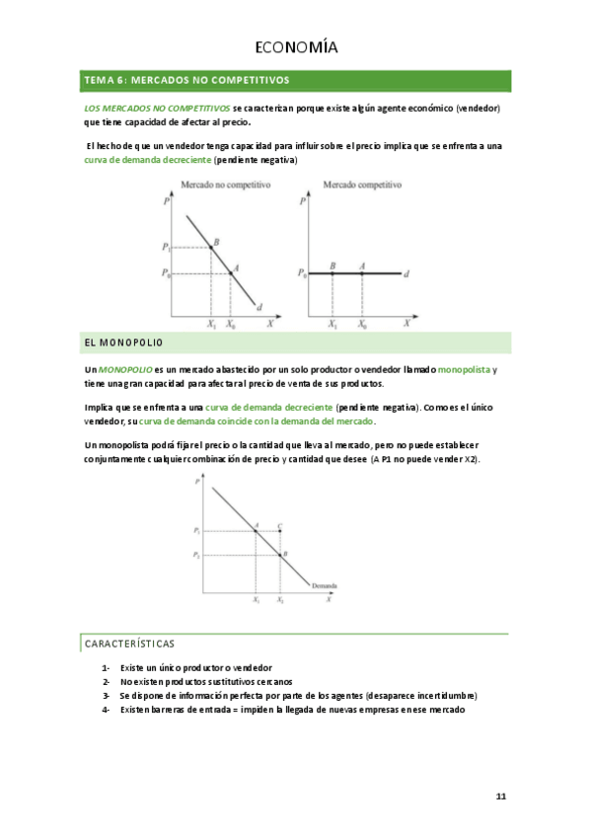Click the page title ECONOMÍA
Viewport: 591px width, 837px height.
coord(295,46)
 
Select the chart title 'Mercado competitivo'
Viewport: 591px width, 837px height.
coord(362,185)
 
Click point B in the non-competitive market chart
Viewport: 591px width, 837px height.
coord(211,247)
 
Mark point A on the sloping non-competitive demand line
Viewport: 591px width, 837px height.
coord(230,272)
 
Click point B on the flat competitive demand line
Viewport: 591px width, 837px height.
coord(332,273)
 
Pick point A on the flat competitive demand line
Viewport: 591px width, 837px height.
coord(362,273)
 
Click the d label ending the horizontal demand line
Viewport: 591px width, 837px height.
coord(406,274)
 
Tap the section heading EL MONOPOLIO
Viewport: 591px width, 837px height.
coord(124,342)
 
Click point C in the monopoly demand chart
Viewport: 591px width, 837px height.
coord(280,531)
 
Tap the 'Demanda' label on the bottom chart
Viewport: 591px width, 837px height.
coord(325,586)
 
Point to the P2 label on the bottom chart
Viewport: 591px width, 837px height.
coord(197,557)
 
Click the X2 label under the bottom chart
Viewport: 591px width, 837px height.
coord(280,600)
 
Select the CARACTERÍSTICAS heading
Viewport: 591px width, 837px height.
coord(129,644)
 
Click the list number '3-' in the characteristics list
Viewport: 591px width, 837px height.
coord(106,696)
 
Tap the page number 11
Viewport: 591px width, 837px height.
coord(500,796)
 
